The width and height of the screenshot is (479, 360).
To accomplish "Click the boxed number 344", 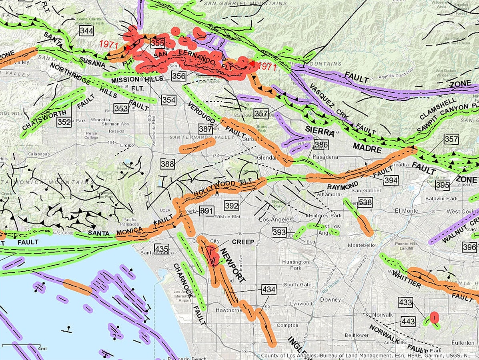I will pyautogui.click(x=86, y=31).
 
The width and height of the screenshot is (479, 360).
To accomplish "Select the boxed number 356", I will pyautogui.click(x=179, y=76).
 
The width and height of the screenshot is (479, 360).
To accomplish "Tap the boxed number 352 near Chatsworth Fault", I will pyautogui.click(x=64, y=122).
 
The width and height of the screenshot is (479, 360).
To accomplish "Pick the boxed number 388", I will pyautogui.click(x=167, y=163).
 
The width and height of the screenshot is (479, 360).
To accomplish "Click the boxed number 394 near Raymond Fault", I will pyautogui.click(x=391, y=180).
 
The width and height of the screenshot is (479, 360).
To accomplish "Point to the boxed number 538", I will pyautogui.click(x=365, y=203).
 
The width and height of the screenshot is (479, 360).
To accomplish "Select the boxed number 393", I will pyautogui.click(x=279, y=232).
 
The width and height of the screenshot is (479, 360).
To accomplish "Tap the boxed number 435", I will pyautogui.click(x=162, y=249).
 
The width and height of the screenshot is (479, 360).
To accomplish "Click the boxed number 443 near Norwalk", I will pyautogui.click(x=408, y=321).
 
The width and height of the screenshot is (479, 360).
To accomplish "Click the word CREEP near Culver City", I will pyautogui.click(x=243, y=242).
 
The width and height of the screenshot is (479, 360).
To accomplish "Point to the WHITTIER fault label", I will pyautogui.click(x=406, y=279).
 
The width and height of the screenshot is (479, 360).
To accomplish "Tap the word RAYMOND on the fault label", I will pyautogui.click(x=343, y=187).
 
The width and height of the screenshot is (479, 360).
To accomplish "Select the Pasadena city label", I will pyautogui.click(x=328, y=157).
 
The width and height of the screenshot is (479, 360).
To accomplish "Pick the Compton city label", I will pyautogui.click(x=287, y=325).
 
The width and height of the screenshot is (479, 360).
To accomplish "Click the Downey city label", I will pyautogui.click(x=330, y=299).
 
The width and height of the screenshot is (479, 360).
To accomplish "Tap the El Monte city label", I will pyautogui.click(x=406, y=210).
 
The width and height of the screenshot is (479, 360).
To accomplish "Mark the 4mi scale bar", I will pyautogui.click(x=21, y=345).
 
